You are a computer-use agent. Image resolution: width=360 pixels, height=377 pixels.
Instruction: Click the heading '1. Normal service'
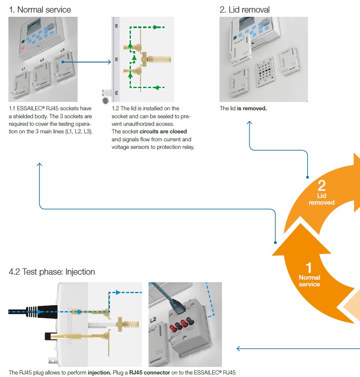click(x=40, y=9)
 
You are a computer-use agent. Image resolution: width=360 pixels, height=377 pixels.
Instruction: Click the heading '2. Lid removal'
click(x=245, y=9)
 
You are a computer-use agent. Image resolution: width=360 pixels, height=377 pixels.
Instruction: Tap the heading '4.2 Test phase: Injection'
click(x=52, y=272)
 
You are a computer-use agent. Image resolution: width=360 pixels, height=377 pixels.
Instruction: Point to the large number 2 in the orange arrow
click(x=322, y=185)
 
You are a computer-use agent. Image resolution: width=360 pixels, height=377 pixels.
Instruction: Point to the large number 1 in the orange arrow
click(x=309, y=267)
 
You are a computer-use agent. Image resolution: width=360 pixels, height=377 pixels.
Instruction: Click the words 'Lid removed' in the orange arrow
click(x=322, y=199)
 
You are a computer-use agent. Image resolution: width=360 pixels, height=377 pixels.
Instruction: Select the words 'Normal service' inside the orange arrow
click(x=309, y=281)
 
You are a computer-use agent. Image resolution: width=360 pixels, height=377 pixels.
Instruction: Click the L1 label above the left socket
click(x=23, y=68)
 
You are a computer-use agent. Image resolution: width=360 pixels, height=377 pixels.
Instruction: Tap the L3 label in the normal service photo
click(x=62, y=50)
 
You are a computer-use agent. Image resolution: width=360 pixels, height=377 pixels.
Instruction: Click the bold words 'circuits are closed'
click(x=163, y=132)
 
